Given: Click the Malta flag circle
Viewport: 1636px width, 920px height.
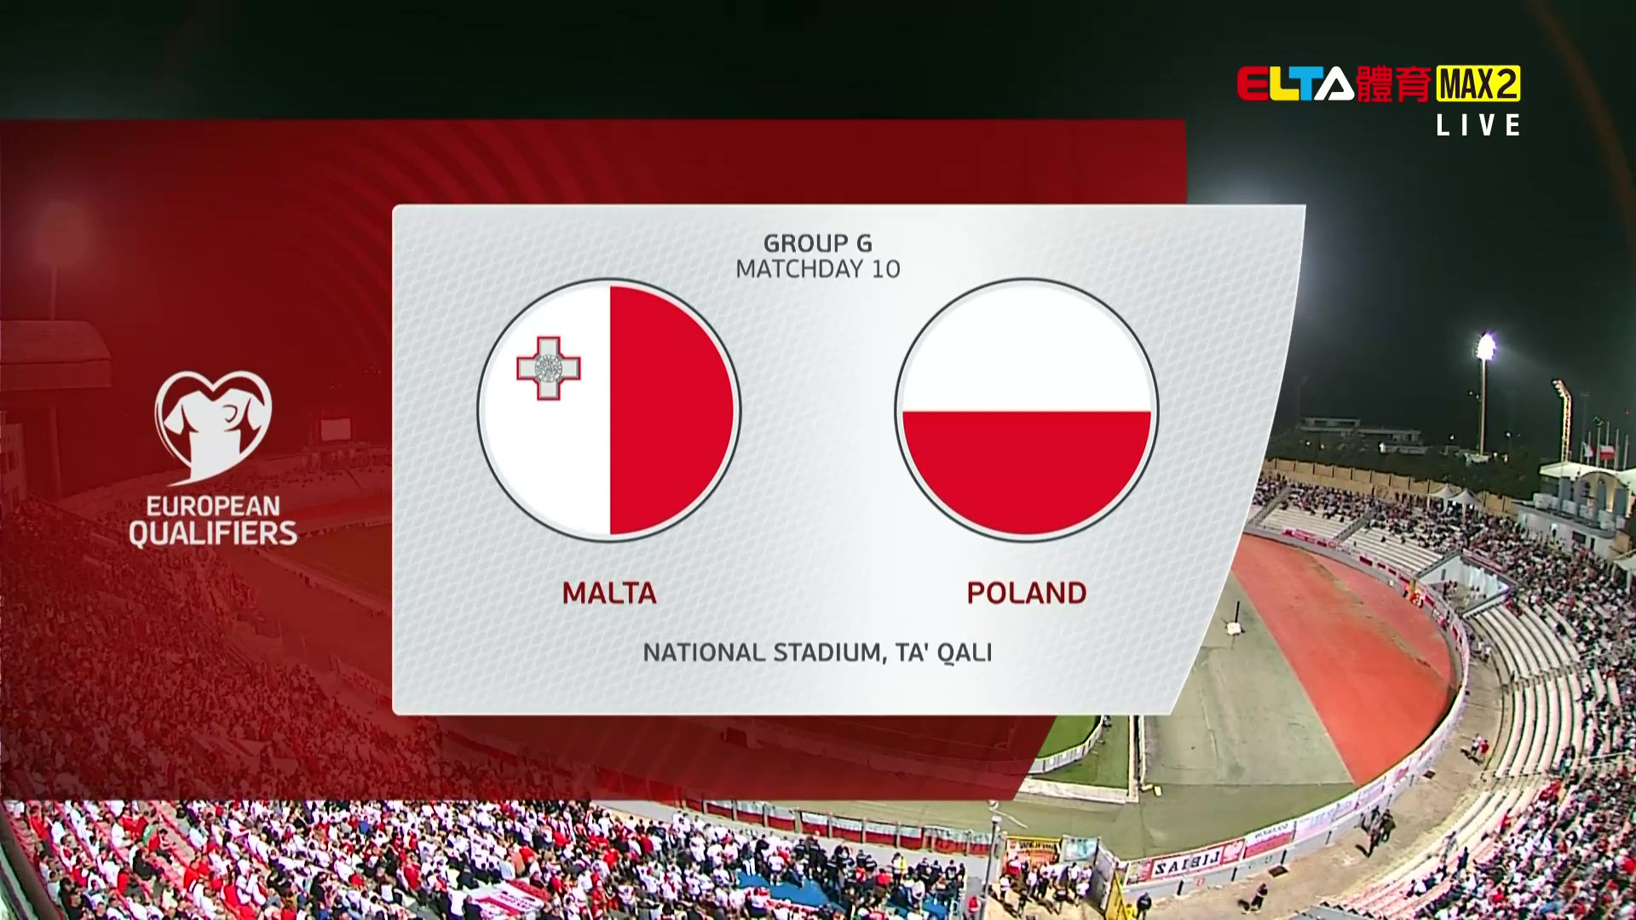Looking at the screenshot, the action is pyautogui.click(x=609, y=410).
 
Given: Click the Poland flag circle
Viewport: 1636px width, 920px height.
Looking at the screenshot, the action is pyautogui.click(x=1027, y=410).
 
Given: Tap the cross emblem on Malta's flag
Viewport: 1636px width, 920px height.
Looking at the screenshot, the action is pyautogui.click(x=549, y=368).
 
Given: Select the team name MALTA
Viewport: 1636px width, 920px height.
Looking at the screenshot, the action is pyautogui.click(x=609, y=593).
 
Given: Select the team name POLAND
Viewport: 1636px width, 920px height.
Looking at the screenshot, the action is pyautogui.click(x=1027, y=593).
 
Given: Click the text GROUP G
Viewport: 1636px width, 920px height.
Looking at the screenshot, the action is pyautogui.click(x=818, y=244).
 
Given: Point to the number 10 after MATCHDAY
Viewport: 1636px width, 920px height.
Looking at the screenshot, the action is pyautogui.click(x=886, y=269).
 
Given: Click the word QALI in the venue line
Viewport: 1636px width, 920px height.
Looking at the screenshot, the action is pyautogui.click(x=965, y=653).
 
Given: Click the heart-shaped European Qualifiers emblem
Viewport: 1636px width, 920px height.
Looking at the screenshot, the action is pyautogui.click(x=213, y=426).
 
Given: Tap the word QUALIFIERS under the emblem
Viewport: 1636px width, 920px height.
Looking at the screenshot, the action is pyautogui.click(x=213, y=534).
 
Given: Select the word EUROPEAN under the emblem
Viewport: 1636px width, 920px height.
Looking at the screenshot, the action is pyautogui.click(x=213, y=506).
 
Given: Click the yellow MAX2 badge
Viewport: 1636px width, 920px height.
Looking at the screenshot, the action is pyautogui.click(x=1478, y=83).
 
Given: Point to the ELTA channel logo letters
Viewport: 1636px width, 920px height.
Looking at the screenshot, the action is pyautogui.click(x=1295, y=84).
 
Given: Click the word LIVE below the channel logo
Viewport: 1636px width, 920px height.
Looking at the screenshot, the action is pyautogui.click(x=1478, y=126).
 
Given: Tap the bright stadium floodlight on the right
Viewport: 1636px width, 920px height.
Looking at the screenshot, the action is pyautogui.click(x=1485, y=347).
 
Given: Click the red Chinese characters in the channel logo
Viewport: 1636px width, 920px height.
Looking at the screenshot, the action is pyautogui.click(x=1394, y=84).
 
